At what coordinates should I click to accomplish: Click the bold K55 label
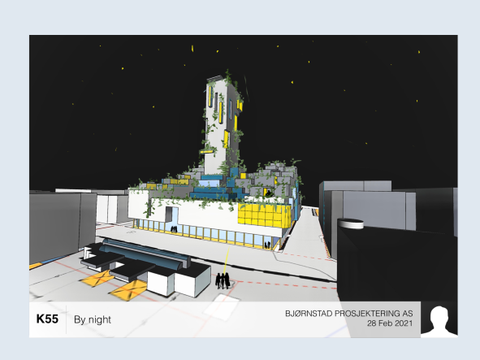(47, 319)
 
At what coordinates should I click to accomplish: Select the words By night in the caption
(93, 320)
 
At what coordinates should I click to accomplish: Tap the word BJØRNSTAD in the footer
(309, 314)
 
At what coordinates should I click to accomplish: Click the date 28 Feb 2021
(390, 323)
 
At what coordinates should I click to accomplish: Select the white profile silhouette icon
(439, 320)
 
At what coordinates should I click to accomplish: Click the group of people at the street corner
(223, 280)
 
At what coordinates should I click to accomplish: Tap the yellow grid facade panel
(265, 215)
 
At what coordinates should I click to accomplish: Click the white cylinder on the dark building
(351, 223)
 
